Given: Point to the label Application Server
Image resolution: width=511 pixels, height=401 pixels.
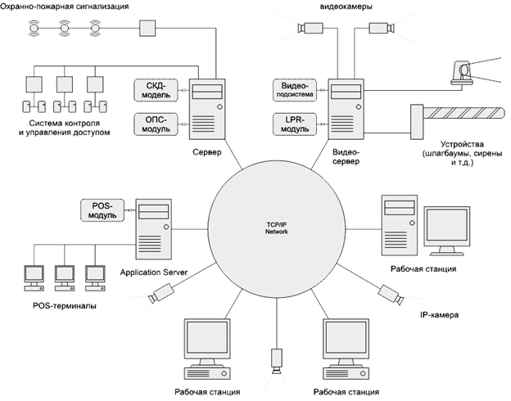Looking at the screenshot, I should point(154,271).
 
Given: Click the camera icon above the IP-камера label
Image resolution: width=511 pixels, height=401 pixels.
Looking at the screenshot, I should point(388,292).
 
